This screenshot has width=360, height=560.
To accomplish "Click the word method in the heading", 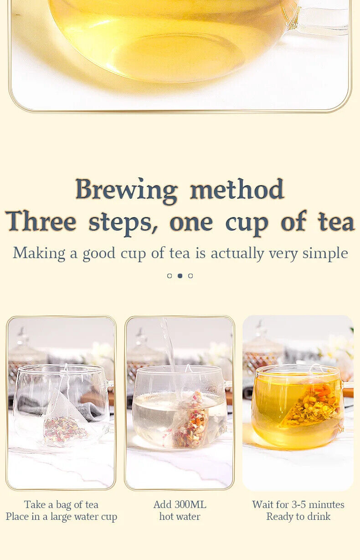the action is tap(237, 189).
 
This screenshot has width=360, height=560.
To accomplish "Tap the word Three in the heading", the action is tap(41, 221).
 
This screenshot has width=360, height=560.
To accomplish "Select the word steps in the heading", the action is tap(123, 223).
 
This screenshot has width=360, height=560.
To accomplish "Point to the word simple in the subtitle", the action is tap(325, 254).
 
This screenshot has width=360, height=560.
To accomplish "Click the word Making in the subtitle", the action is tap(39, 254).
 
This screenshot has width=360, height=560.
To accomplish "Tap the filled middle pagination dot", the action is tap(180, 276).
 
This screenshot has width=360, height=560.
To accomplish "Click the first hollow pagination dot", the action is tap(170, 276).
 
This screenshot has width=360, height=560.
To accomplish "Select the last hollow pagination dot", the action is tap(190, 276).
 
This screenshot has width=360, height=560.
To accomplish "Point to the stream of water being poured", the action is tap(170, 350).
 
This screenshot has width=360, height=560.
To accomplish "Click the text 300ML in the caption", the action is tap(190, 504).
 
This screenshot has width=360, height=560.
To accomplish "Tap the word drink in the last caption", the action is tap(318, 517).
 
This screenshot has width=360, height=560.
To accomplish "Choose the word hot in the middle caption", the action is tap(166, 517).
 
